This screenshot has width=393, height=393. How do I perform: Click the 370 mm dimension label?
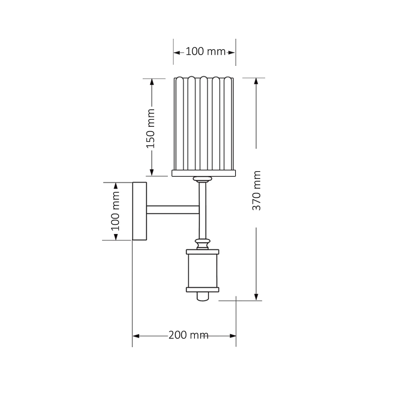coord(257,190)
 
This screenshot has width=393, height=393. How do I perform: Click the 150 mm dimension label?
coord(150,128)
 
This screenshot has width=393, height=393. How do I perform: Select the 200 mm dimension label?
coord(188,335)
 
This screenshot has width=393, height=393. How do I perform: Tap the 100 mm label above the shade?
coord(206,51)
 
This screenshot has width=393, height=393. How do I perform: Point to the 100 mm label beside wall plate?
coord(115,211)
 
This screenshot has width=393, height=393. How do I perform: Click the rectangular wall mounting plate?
coord(140,211)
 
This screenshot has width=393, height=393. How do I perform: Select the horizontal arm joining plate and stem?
coord(173,210)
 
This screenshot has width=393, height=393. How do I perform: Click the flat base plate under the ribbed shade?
coord(204,173)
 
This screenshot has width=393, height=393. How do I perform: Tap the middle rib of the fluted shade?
coord(203,123)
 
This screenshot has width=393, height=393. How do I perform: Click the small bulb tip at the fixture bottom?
coord(203,296)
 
